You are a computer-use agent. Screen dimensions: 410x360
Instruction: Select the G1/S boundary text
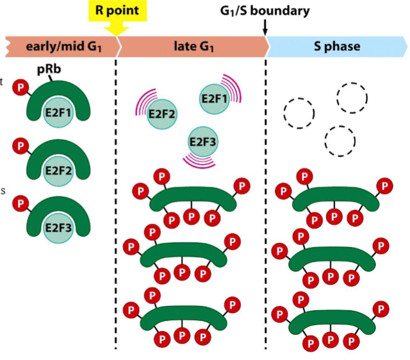coord(264,10)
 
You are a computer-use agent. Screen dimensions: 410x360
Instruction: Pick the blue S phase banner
coord(336,46)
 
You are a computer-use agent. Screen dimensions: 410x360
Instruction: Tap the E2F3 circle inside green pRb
coord(58,228)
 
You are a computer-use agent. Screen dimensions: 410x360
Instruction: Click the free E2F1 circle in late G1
coord(214,99)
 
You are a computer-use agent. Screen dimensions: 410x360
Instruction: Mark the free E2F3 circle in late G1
coord(203,142)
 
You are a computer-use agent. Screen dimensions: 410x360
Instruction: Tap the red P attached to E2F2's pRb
coord(21,145)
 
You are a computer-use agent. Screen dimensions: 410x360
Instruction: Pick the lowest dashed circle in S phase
coord(339,141)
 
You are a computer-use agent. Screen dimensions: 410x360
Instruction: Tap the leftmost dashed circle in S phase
coord(298,112)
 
